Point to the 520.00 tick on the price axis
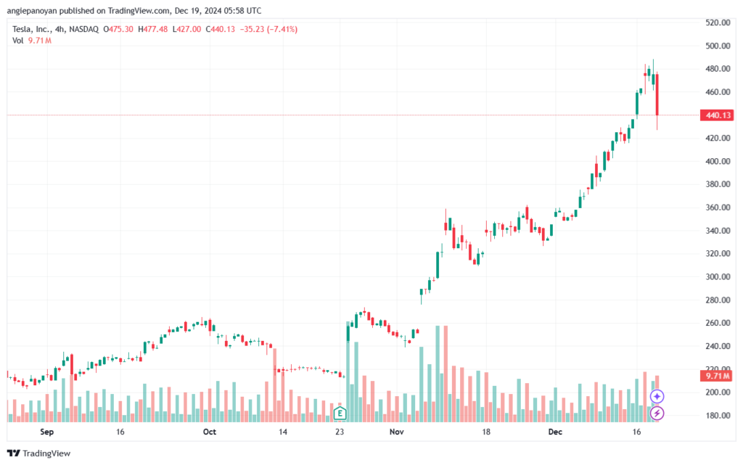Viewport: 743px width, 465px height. pos(718,22)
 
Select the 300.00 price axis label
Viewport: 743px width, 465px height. pos(718,276)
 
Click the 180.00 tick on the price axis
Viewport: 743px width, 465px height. pos(718,415)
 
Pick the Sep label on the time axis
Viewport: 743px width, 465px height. pos(47,432)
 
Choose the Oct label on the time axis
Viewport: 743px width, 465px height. pos(210,432)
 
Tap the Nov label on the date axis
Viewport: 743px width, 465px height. pos(397,432)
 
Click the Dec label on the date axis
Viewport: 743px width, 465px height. pos(555,432)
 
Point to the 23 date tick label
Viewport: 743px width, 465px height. pos(340,432)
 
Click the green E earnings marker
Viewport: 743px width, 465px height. pos(340,413)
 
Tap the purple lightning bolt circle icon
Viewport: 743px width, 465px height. pos(657,413)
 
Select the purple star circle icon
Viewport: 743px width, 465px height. pos(657,396)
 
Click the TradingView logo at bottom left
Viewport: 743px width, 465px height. pos(39,453)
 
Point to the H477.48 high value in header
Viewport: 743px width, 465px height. pos(152,29)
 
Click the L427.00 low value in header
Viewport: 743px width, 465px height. pos(186,29)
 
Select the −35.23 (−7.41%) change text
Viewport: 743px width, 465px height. pos(268,29)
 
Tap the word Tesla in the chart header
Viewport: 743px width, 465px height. pos(22,29)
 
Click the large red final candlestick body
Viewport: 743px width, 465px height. pos(657,95)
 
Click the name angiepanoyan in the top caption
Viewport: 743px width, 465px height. pos(32,10)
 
